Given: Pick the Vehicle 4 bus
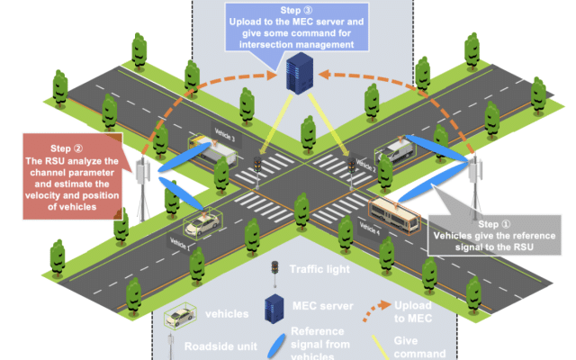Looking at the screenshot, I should pos(395,218).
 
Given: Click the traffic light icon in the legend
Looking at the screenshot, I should pos(274,268).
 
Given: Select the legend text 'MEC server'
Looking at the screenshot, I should pos(320,308).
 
